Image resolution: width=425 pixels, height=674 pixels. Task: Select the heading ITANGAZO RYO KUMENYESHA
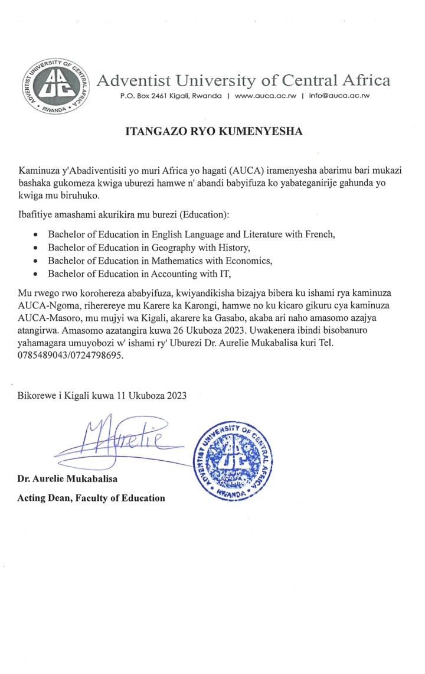click(214, 132)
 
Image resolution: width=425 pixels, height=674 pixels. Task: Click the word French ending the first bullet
click(319, 233)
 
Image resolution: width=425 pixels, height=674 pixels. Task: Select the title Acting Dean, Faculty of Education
click(91, 498)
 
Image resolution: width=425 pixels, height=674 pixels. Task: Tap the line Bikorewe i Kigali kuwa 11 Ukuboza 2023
click(103, 396)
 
